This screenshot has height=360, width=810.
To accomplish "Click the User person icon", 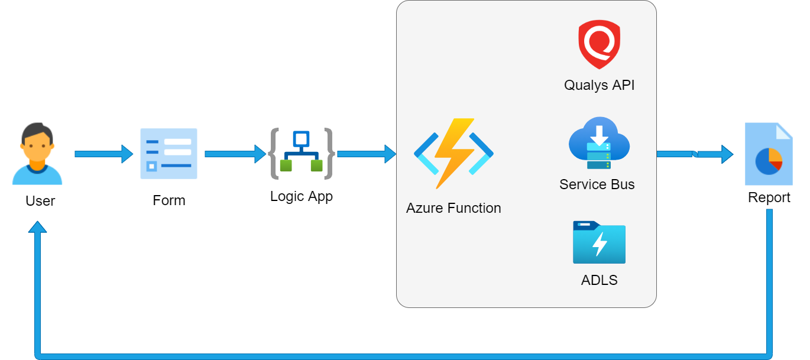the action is (37, 154).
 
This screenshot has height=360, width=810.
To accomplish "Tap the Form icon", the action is (169, 154).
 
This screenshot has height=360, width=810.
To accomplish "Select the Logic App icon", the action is (302, 154).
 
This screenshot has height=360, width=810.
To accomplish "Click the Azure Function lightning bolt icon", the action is (454, 154).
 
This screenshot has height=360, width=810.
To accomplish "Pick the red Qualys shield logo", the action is (599, 44).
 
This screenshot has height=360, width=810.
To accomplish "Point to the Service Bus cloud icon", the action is (599, 143).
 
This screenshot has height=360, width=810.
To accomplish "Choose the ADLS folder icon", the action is (599, 242).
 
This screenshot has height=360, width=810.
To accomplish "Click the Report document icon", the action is (769, 154).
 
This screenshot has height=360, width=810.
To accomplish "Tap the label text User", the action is (40, 201).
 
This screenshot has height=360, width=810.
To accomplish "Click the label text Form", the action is (169, 200).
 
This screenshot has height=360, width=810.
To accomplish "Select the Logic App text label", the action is (301, 197).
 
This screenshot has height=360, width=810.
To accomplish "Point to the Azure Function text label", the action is (453, 208).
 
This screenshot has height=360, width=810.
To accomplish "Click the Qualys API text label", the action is (599, 85).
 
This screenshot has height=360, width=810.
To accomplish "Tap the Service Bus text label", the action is (597, 184).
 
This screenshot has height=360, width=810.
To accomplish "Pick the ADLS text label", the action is (599, 280).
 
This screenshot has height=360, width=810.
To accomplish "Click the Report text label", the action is (769, 197).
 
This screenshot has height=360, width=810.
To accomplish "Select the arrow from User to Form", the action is (104, 154).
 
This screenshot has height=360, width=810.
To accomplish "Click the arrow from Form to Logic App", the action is (235, 154).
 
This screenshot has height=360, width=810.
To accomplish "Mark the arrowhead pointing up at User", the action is (37, 227).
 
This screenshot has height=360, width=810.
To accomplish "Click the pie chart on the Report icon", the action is (769, 161).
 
